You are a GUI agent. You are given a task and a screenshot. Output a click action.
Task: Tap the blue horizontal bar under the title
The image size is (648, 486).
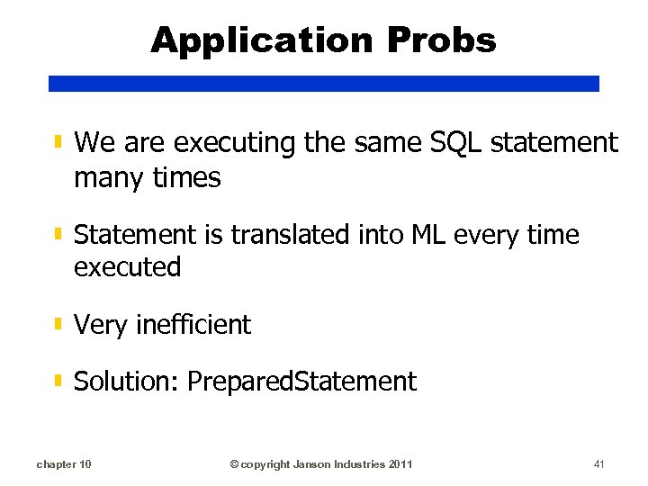tap(323, 83)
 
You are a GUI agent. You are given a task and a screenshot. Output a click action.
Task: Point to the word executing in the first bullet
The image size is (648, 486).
tap(230, 142)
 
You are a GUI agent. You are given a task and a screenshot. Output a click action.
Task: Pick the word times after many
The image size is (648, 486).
tap(186, 177)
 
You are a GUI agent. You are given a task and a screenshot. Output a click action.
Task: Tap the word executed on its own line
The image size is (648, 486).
tap(127, 267)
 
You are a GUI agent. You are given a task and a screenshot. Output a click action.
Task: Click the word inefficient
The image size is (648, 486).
tap(193, 324)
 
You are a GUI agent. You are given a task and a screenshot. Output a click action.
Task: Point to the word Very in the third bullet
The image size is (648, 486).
tap(101, 325)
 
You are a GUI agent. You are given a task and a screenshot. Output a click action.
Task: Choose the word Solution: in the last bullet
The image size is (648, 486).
tap(127, 382)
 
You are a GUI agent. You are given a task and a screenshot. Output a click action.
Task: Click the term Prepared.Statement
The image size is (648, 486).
tap(301, 382)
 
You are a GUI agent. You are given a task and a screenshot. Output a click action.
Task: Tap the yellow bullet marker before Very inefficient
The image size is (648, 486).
tap(58, 323)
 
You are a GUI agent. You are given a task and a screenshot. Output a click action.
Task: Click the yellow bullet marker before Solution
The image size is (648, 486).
tap(58, 381)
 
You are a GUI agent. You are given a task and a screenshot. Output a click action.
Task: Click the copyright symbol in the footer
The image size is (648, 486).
tap(234, 464)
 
